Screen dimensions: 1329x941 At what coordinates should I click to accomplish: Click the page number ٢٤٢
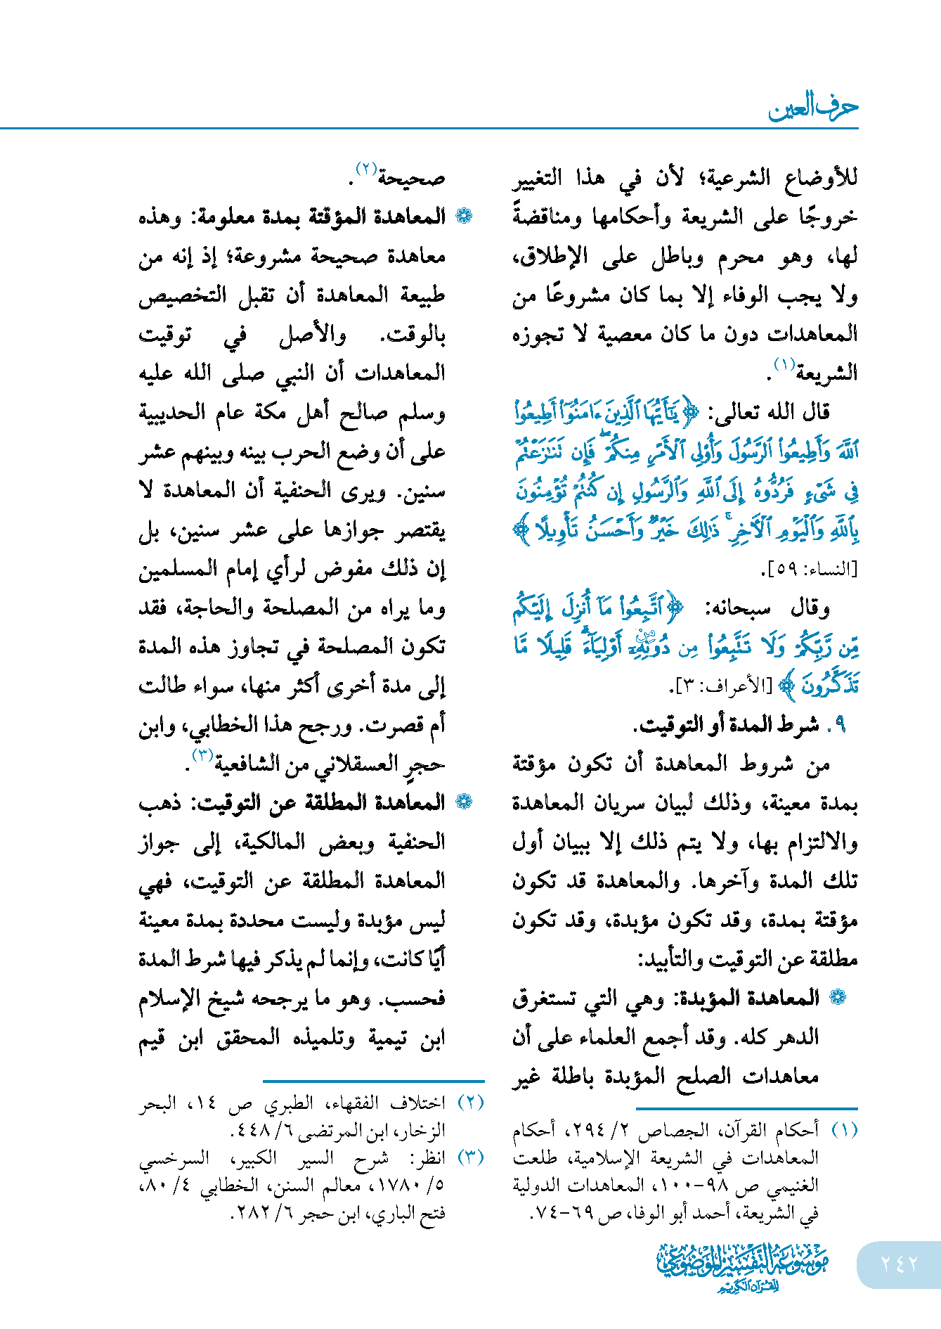click(x=899, y=1264)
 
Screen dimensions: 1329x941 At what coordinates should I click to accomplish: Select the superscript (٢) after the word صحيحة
click(x=367, y=169)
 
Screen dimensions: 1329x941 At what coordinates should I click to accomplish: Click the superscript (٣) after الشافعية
click(x=202, y=755)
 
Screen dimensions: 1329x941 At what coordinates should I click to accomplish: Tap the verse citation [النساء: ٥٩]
click(x=809, y=569)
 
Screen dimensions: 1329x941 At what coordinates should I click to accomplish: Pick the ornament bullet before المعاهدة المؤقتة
click(x=464, y=217)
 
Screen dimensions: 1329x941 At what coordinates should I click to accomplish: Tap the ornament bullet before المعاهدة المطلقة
click(x=464, y=802)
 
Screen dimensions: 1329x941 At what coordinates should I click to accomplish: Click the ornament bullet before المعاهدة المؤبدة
click(x=838, y=997)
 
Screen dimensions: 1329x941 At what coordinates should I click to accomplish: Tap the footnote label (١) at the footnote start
click(x=844, y=1129)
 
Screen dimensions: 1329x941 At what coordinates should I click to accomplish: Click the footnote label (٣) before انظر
click(x=471, y=1157)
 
